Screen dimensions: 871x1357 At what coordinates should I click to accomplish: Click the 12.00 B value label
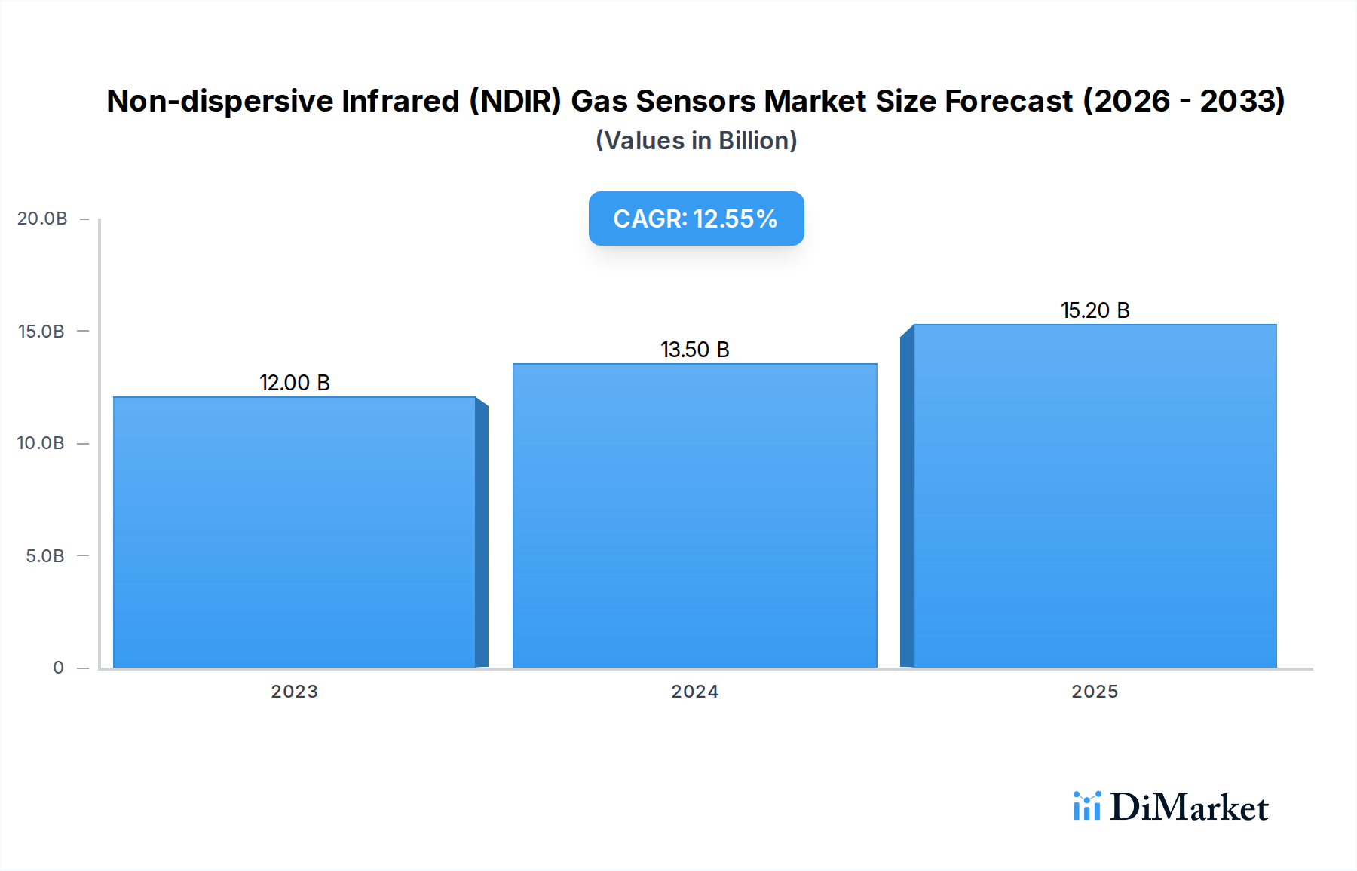pyautogui.click(x=295, y=383)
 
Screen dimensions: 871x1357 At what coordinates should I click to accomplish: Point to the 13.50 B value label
pyautogui.click(x=695, y=350)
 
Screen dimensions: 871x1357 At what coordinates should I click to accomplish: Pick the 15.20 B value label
pyautogui.click(x=1095, y=310)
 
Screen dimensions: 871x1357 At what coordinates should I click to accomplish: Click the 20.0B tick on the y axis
pyautogui.click(x=42, y=219)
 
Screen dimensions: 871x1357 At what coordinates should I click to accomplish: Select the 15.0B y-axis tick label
pyautogui.click(x=41, y=332)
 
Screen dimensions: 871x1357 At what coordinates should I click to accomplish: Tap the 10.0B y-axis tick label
pyautogui.click(x=41, y=443)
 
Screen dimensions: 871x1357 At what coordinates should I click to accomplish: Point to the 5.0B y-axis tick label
pyautogui.click(x=45, y=556)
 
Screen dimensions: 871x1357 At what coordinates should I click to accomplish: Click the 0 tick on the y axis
pyautogui.click(x=58, y=668)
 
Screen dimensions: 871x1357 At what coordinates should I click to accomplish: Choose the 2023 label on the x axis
pyautogui.click(x=295, y=692)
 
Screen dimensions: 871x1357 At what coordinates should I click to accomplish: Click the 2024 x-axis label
pyautogui.click(x=695, y=692)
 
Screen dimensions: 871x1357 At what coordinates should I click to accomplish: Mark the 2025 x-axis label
pyautogui.click(x=1095, y=692)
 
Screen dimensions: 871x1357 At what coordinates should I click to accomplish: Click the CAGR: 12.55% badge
pyautogui.click(x=696, y=219)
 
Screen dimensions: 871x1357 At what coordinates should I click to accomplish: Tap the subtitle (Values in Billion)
pyautogui.click(x=696, y=141)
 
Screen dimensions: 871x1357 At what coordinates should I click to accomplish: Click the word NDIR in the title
pyautogui.click(x=516, y=101)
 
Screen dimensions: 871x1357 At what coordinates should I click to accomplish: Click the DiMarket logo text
pyautogui.click(x=1189, y=808)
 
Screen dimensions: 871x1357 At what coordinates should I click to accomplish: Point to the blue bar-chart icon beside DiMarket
pyautogui.click(x=1086, y=806)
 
